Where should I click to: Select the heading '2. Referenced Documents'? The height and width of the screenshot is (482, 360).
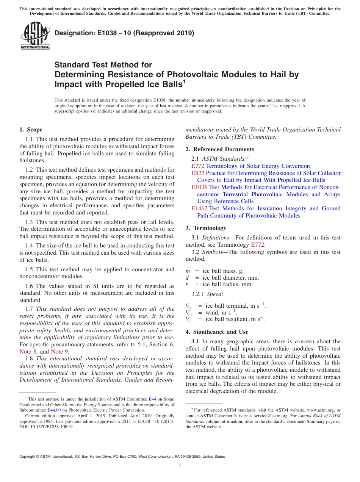coord(219,149)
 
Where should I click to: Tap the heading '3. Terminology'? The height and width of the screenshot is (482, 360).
coord(206,228)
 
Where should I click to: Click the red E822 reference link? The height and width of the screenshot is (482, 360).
coord(198,173)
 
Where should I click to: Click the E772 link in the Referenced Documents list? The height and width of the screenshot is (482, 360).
coord(198,166)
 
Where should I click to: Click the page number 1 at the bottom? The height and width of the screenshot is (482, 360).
coord(180,466)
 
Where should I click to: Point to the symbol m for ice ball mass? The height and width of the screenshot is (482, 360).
coord(188,271)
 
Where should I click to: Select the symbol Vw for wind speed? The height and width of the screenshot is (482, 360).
coord(188,313)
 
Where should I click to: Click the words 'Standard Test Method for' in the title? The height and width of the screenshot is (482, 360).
coord(103,65)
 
